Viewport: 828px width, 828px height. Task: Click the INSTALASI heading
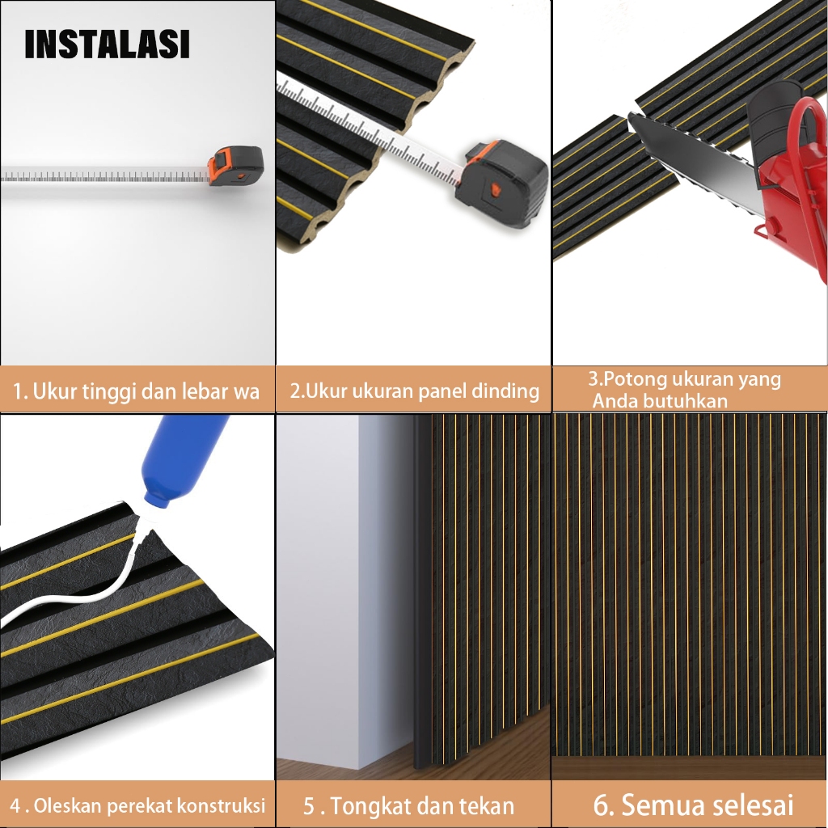(x=107, y=44)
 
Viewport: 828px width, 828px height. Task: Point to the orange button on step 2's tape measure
(x=495, y=189)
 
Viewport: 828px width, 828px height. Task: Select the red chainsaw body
(x=787, y=175)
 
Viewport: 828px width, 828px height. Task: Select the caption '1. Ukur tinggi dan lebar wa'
(x=136, y=391)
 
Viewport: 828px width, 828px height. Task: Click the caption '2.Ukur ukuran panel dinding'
(x=415, y=391)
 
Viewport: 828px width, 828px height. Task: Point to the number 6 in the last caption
(x=601, y=805)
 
